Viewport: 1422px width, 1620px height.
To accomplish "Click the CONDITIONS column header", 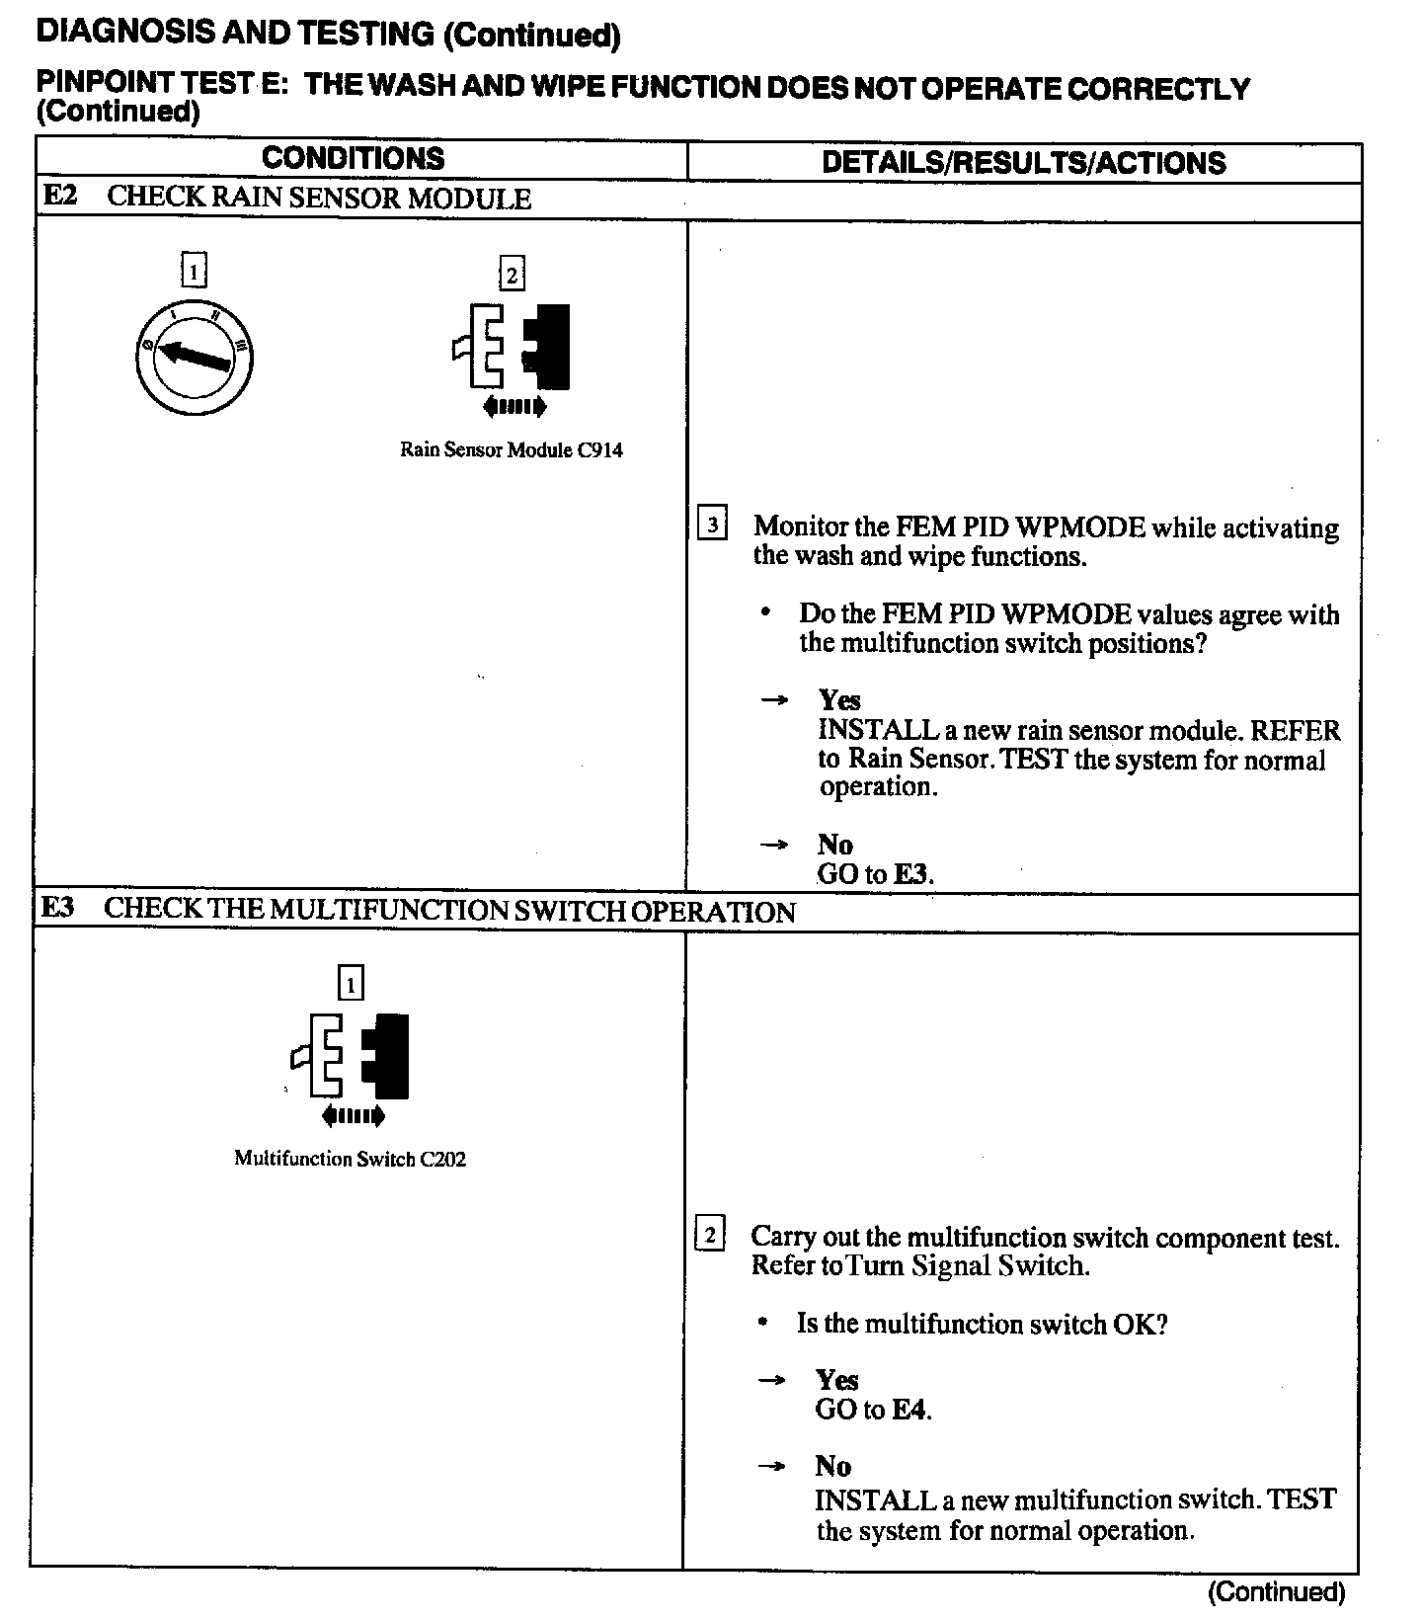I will [353, 159].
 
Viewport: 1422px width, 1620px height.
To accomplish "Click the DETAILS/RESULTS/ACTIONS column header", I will [1023, 163].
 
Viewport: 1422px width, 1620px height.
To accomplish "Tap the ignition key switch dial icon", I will [195, 357].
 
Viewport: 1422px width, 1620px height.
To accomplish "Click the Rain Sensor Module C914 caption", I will [511, 450].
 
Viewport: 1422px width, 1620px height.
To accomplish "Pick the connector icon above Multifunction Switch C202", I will [352, 1063].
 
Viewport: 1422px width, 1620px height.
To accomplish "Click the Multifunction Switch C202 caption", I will [350, 1159].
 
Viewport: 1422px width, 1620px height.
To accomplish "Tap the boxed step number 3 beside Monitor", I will [712, 524].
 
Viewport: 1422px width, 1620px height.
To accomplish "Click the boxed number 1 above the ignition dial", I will [195, 270].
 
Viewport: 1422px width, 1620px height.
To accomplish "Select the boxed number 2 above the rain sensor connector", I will [512, 274].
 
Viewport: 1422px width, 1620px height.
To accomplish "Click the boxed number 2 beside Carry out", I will [710, 1234].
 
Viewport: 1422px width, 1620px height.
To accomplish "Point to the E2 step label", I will [59, 196].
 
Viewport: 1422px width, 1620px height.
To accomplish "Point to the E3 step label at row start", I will [58, 908].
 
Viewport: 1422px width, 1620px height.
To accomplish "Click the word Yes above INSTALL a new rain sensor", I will [839, 700].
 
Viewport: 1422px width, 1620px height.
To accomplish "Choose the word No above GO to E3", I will [834, 845].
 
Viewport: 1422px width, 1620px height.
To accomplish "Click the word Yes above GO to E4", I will [836, 1380].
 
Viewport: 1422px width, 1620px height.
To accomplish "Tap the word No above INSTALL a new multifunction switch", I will [832, 1466].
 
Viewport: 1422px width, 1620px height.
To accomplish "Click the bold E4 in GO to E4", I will [910, 1410].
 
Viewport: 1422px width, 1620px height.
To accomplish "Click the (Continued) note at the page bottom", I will [1276, 1591].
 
